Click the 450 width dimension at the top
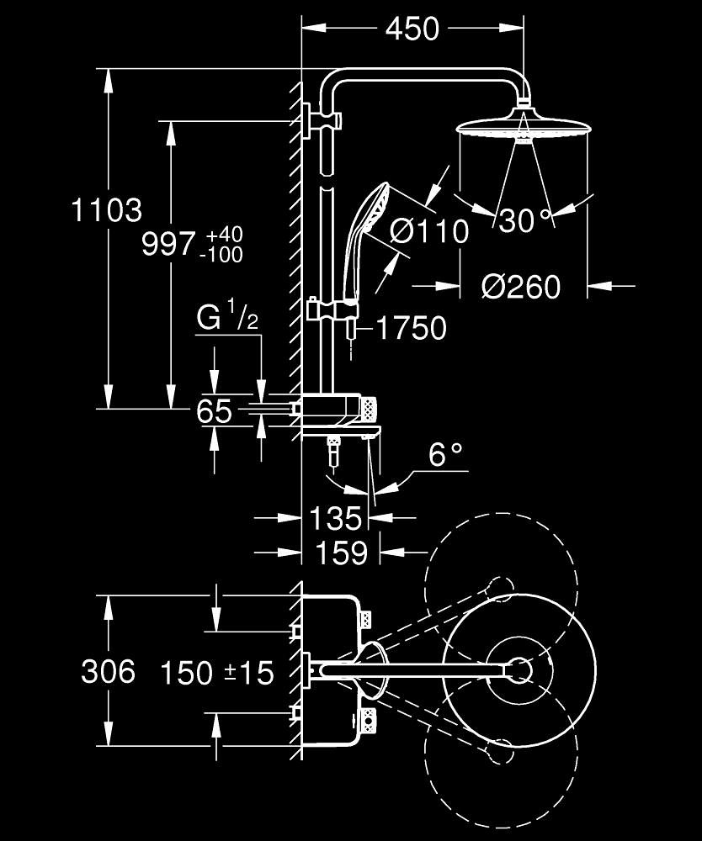click(412, 29)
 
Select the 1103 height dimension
click(106, 210)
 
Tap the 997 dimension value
click(168, 245)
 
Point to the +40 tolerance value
click(223, 233)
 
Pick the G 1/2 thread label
click(226, 319)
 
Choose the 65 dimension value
click(214, 411)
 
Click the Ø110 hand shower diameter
click(429, 230)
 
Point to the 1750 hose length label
click(411, 328)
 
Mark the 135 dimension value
click(335, 518)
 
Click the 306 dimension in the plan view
click(108, 671)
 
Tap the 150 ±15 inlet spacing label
click(218, 673)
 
